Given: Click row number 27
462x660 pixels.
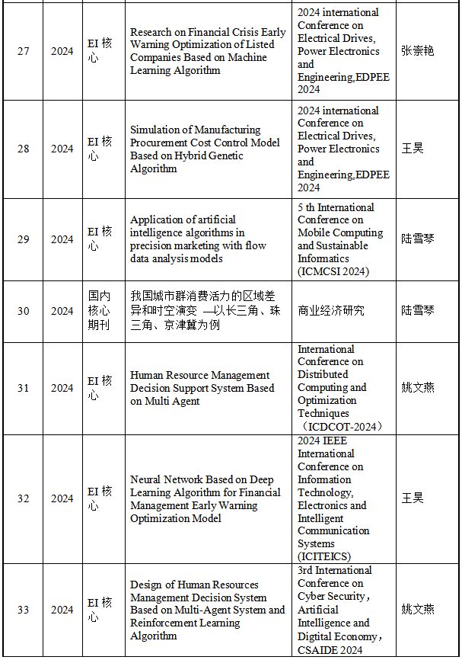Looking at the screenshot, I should click(24, 51).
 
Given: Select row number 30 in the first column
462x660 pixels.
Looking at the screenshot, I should click(24, 311).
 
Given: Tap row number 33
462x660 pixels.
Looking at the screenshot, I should click(24, 610).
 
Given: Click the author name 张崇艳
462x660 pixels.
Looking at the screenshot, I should click(418, 51).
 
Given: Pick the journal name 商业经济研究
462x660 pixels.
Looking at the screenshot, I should click(331, 311).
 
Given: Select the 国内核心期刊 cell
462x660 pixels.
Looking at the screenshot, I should click(99, 311).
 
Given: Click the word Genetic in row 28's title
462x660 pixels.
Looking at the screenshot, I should click(221, 155).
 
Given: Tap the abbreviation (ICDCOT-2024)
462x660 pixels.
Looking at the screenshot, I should click(342, 426).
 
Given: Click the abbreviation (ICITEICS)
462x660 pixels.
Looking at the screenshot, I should click(324, 556).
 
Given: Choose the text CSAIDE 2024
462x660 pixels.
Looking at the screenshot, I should click(330, 649).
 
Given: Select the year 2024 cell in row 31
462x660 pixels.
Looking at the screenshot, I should click(62, 388).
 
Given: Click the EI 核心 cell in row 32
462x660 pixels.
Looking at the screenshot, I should click(99, 498).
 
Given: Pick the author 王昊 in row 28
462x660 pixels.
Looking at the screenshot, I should click(413, 149).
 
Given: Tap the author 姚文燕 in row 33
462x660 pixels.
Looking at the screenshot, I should click(418, 610).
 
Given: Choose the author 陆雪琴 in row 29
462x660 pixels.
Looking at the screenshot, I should click(418, 239).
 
